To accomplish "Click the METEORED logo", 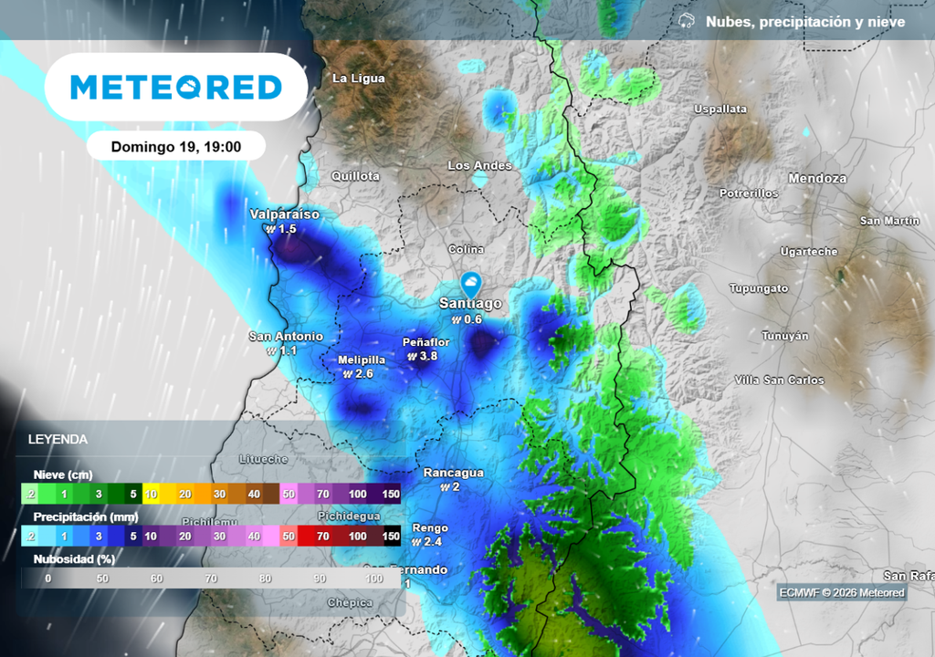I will (175, 87).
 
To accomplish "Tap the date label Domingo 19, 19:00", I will (176, 146).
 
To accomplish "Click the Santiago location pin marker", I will (471, 283).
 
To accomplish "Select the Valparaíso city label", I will (285, 214).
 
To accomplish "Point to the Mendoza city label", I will (817, 179).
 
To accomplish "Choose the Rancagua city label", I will (453, 473).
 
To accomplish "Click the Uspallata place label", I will (720, 109).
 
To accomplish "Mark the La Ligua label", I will (358, 78).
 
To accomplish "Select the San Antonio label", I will (286, 337).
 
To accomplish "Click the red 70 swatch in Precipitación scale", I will (322, 536).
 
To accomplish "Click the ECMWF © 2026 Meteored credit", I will (842, 593).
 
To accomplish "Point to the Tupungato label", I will (758, 288).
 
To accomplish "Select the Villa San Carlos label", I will (779, 380).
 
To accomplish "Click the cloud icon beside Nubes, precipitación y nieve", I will (688, 21).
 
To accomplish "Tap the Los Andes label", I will (479, 165).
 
